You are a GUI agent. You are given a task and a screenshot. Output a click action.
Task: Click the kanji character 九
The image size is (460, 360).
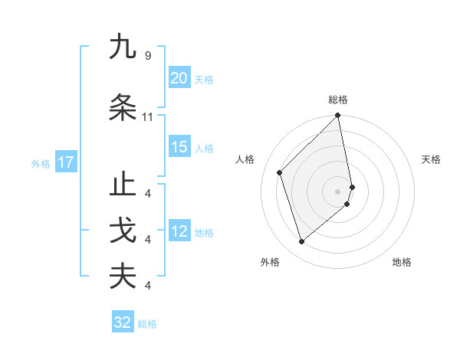(123, 47)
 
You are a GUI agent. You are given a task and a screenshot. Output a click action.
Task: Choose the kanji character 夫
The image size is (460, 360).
(123, 276)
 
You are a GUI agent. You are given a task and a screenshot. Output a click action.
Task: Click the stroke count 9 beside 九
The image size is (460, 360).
(147, 56)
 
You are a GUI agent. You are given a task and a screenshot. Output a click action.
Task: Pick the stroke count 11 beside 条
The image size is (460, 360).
(147, 117)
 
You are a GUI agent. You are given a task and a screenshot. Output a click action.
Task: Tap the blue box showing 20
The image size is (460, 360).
(179, 78)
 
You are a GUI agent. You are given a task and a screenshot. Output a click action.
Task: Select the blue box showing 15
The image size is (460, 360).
(179, 147)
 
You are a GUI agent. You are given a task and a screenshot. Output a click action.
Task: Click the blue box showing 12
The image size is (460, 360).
(179, 231)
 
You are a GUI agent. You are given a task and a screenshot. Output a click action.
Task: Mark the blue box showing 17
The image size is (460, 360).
(65, 162)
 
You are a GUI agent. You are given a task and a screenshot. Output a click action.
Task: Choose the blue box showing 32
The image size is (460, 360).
(123, 322)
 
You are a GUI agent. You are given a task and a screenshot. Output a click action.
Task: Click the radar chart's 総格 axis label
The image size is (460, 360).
(338, 100)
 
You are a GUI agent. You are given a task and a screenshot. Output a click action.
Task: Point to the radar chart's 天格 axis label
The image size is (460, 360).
(432, 159)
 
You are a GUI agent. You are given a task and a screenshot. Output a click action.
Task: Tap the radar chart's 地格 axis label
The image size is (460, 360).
(402, 262)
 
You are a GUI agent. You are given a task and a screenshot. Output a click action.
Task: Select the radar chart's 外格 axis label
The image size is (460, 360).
(270, 262)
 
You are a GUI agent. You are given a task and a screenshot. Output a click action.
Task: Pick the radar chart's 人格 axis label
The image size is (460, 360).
(245, 159)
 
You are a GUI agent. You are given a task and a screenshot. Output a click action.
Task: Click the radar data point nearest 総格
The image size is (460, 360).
(338, 116)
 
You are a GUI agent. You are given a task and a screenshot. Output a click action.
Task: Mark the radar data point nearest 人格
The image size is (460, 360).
(280, 172)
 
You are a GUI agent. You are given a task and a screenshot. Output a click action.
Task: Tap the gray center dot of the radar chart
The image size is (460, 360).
(338, 191)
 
